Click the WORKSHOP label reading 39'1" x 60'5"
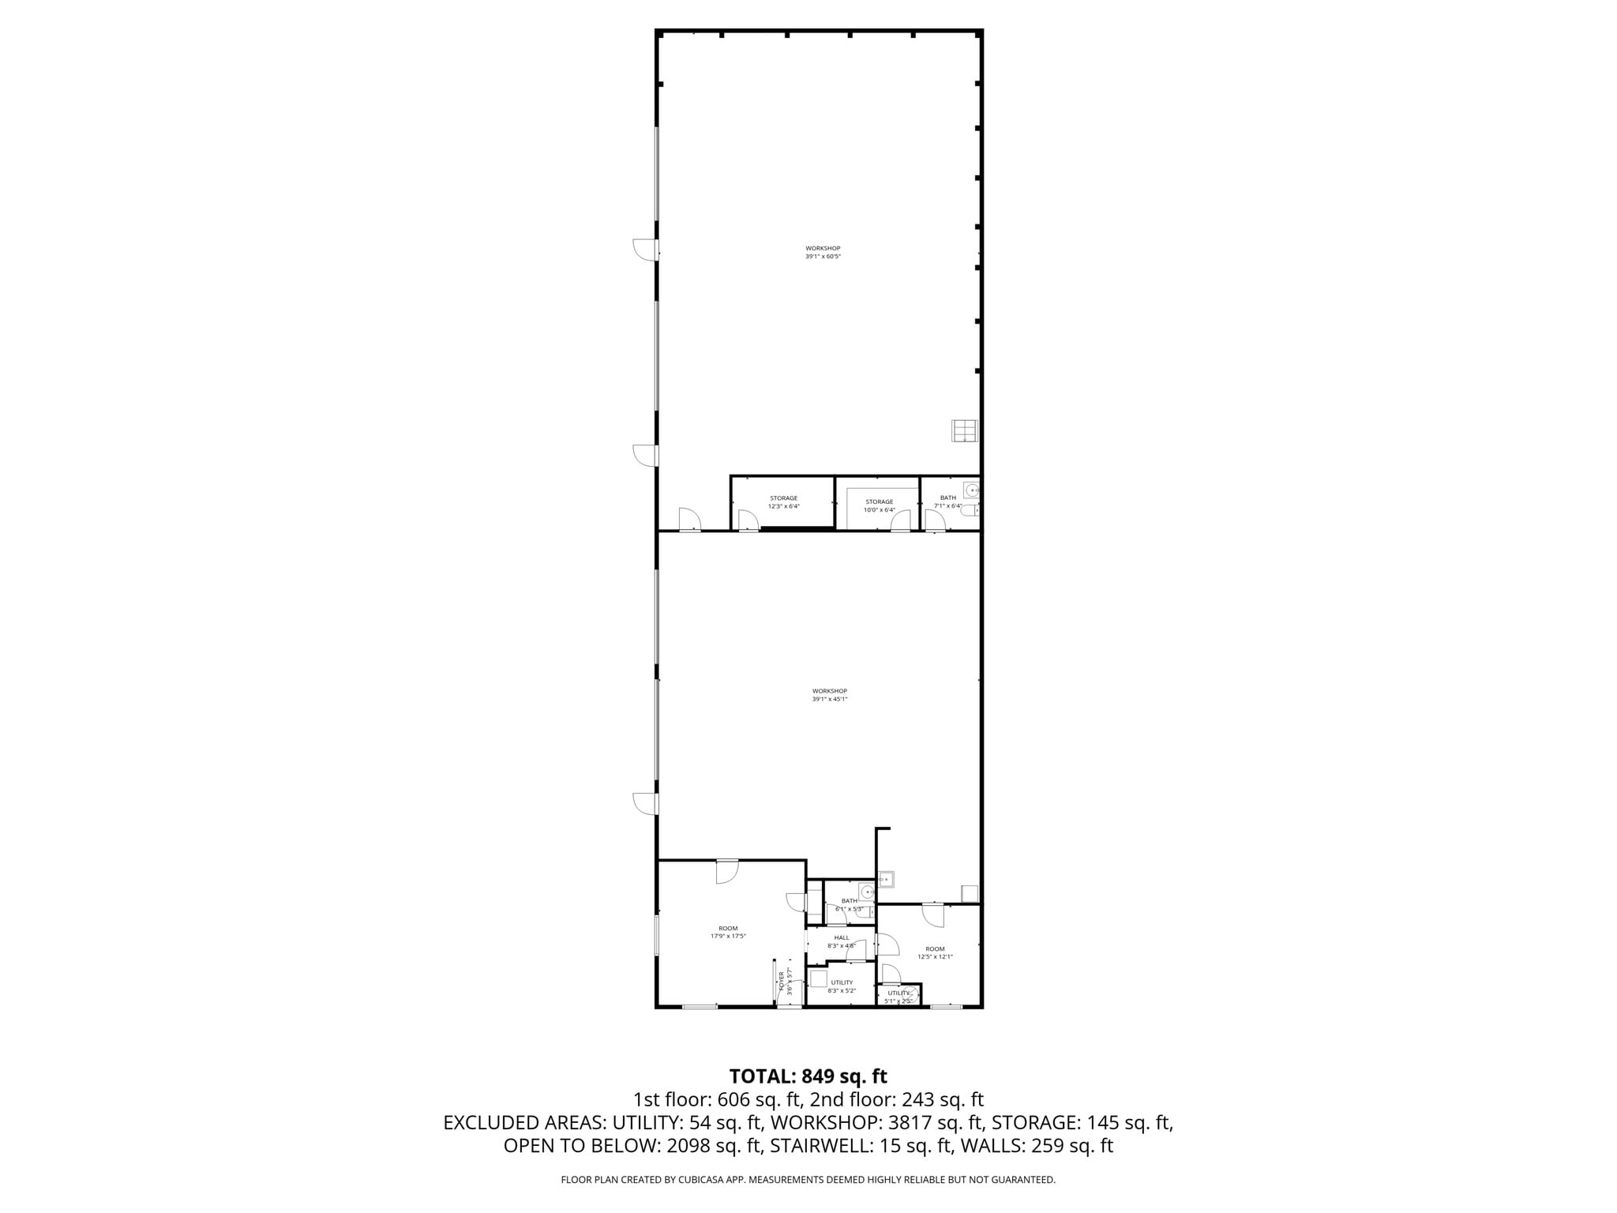823,253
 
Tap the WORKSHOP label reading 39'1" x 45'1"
829,695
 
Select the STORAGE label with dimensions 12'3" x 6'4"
783,502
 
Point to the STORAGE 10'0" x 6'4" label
879,505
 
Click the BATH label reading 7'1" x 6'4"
947,501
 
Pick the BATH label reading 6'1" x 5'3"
849,904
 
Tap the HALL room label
842,941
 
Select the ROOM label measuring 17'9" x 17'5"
728,932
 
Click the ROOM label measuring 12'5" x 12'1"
935,952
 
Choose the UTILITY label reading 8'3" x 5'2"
842,986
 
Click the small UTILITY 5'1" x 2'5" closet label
899,997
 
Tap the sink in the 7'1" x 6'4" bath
971,490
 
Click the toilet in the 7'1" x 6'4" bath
972,512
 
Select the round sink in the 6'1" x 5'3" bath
867,892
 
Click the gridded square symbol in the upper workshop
964,430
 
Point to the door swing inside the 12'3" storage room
745,520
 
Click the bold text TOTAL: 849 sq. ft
808,1076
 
